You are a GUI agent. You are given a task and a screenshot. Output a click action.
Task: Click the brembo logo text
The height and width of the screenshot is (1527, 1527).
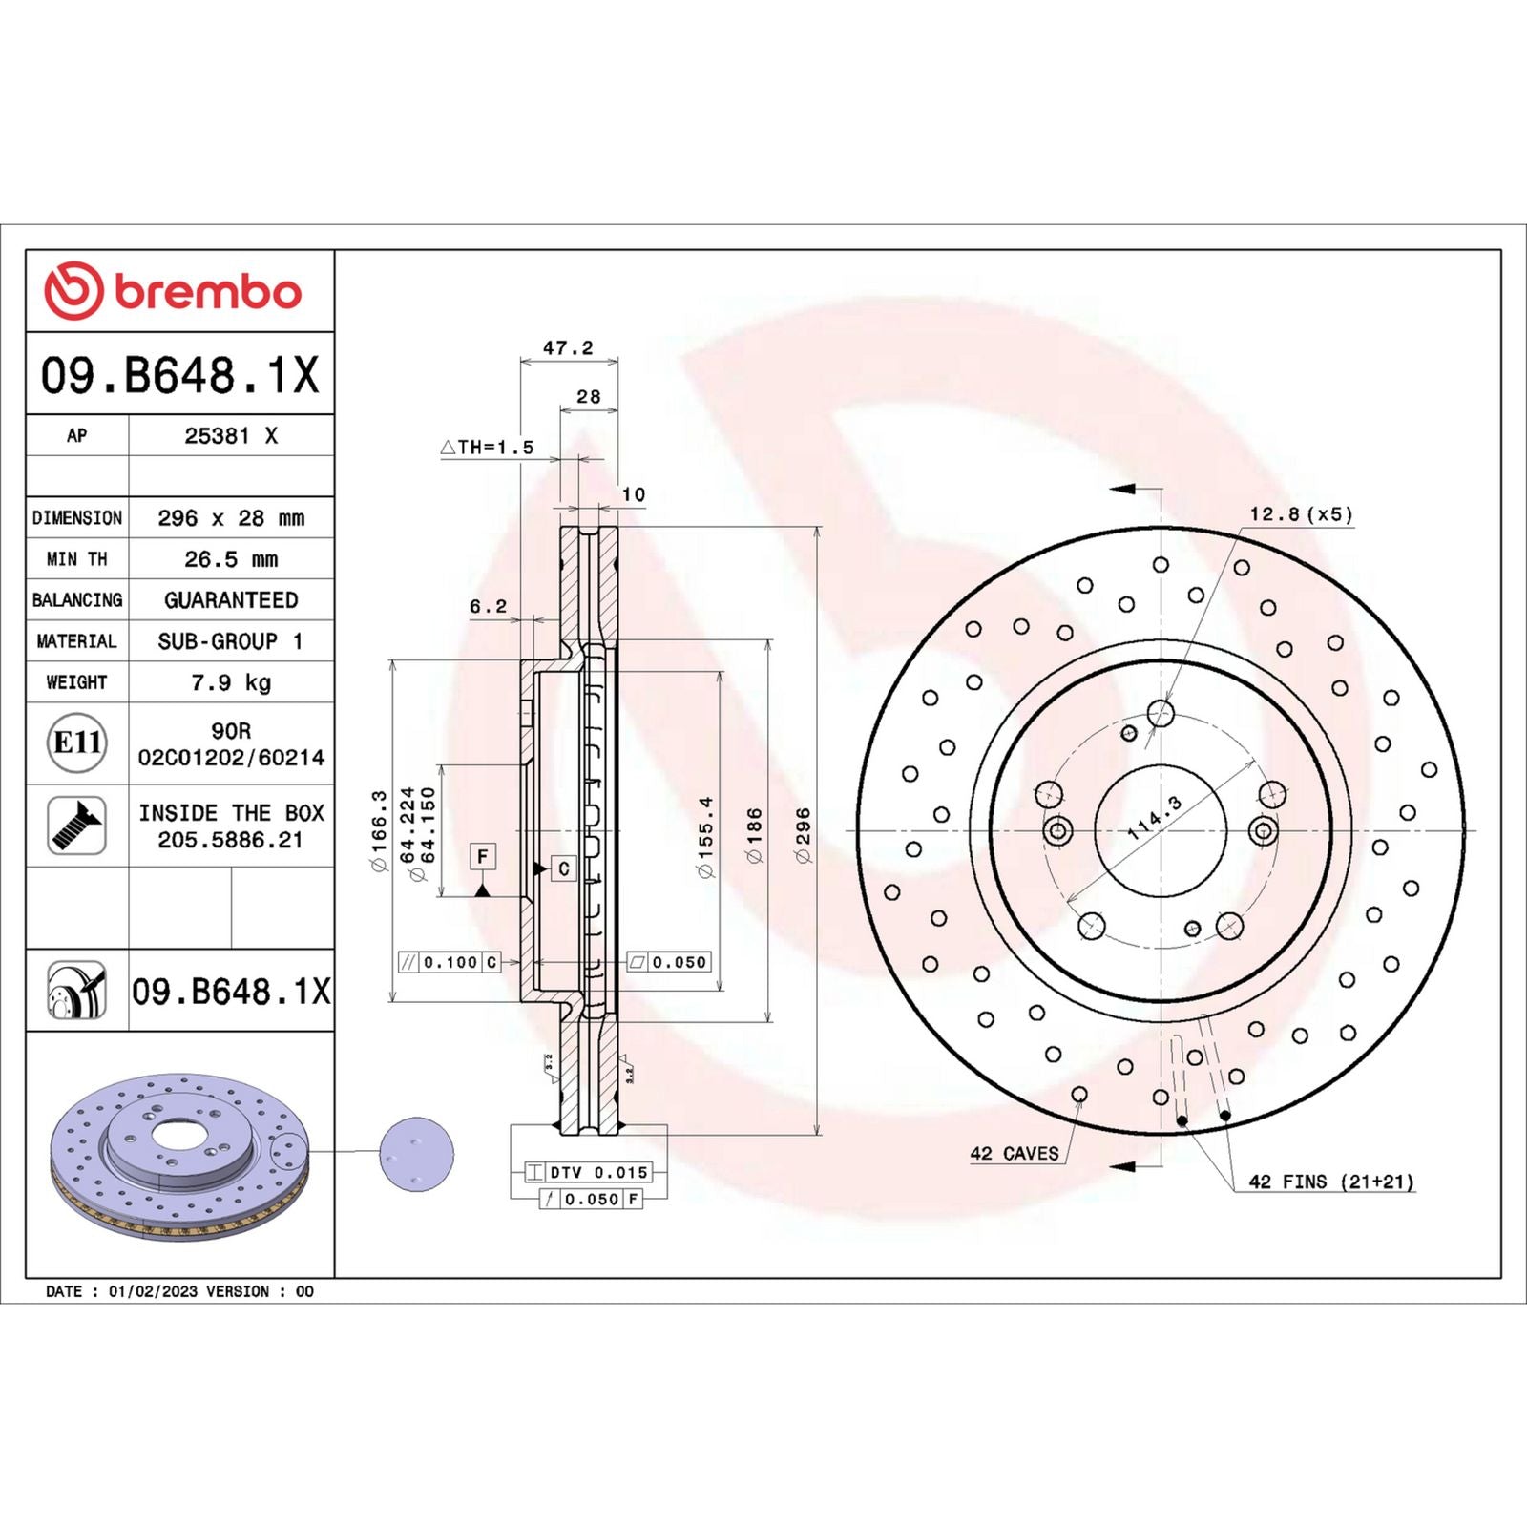[x=207, y=291]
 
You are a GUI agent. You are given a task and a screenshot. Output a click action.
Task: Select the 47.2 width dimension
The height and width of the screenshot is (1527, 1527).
[x=568, y=348]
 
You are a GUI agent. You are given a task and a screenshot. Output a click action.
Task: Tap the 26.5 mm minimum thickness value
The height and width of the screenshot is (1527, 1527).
[x=231, y=559]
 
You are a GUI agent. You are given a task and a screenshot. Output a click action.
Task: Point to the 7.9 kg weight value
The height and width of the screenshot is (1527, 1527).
[x=231, y=682]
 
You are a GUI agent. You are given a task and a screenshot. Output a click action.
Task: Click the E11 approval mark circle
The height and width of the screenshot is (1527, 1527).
[x=76, y=743]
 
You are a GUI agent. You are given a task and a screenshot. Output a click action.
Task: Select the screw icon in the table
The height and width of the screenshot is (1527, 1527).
[x=76, y=826]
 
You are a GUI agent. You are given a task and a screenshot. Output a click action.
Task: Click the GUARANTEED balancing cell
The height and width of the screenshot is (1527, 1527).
[x=231, y=600]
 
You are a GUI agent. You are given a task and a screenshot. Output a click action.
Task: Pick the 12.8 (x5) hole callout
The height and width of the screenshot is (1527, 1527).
[x=1301, y=514]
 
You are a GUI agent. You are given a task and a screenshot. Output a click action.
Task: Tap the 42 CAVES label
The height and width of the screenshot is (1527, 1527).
[x=1015, y=1154]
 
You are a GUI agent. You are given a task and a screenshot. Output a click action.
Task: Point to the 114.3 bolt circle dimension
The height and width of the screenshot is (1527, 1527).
[x=1154, y=818]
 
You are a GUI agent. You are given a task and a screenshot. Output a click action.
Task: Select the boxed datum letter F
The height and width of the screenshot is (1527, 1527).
[x=483, y=856]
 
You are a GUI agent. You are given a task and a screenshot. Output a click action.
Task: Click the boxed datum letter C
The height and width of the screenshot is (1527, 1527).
[x=564, y=868]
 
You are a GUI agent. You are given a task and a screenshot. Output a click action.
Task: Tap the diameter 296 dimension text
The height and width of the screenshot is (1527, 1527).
[x=803, y=835]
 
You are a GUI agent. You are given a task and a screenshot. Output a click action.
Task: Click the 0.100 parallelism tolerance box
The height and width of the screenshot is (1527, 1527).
[x=449, y=962]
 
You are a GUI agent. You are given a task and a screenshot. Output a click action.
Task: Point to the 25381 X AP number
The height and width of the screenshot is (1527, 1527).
[x=231, y=436]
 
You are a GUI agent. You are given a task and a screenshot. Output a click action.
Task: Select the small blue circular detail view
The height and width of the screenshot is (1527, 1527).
[x=417, y=1154]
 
